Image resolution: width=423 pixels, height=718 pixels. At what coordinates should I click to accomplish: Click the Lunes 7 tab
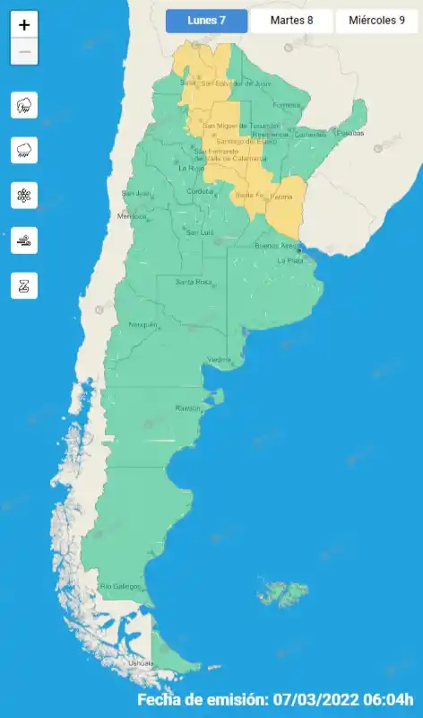click(x=206, y=21)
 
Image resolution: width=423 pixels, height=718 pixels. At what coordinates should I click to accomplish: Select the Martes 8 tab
click(x=291, y=21)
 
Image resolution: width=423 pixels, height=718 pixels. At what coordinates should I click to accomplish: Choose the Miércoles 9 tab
click(x=376, y=21)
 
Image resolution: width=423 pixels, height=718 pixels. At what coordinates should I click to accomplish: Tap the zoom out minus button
click(x=24, y=52)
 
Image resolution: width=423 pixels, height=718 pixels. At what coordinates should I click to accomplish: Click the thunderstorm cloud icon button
click(x=24, y=105)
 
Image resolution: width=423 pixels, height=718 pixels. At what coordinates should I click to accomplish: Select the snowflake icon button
click(x=24, y=195)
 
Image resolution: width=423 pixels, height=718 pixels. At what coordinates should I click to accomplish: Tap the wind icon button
click(x=24, y=240)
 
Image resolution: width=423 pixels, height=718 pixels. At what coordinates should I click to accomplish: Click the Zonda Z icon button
click(x=24, y=285)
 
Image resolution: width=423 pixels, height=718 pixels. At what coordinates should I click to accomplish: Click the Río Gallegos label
click(x=120, y=586)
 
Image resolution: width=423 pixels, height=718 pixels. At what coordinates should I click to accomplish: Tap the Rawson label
click(x=188, y=407)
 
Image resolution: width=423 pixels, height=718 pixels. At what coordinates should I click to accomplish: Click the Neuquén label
click(x=143, y=324)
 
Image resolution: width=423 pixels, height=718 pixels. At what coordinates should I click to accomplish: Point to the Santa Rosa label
click(x=193, y=283)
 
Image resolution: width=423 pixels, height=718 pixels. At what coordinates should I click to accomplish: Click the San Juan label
click(x=135, y=193)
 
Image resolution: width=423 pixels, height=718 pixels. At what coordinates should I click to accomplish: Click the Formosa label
click(x=286, y=104)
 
